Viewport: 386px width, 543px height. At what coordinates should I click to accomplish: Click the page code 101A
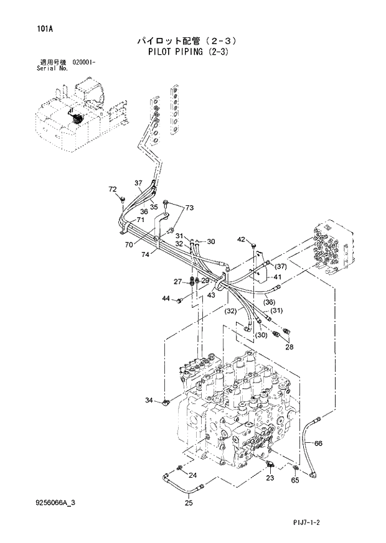pos(27,28)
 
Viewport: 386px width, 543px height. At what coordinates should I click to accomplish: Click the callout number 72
pos(113,189)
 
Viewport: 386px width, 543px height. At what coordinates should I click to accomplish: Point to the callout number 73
pos(189,208)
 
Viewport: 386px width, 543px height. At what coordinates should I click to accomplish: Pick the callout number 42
pos(242,240)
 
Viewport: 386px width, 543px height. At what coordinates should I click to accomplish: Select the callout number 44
pos(166,299)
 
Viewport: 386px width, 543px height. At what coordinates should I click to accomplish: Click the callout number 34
pos(150,400)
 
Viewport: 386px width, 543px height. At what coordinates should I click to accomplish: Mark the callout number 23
pos(270,478)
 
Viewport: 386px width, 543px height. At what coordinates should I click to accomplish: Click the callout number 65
pos(295,480)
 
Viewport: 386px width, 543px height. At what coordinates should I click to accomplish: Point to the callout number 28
pos(289,347)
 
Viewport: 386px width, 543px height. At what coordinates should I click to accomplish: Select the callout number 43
pos(212,295)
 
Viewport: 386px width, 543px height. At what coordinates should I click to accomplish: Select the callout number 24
pos(192,475)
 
